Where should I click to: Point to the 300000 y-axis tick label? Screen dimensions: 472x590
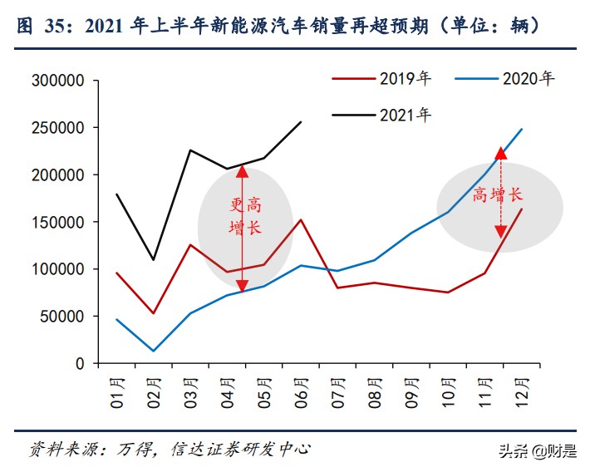(x=57, y=81)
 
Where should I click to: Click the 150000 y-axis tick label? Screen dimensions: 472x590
(x=57, y=222)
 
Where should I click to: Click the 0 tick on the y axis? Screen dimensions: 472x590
(x=80, y=363)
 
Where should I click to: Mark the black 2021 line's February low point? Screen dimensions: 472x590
(x=153, y=260)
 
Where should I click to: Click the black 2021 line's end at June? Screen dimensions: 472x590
(x=301, y=122)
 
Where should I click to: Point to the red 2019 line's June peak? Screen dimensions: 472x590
(x=301, y=220)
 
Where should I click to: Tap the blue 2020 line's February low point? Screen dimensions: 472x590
(x=153, y=351)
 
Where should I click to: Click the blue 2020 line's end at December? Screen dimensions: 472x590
(x=522, y=129)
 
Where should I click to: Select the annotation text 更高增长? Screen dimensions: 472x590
(x=246, y=217)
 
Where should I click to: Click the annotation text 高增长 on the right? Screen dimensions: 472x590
(x=497, y=194)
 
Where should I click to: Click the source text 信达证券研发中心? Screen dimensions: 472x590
(x=241, y=449)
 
